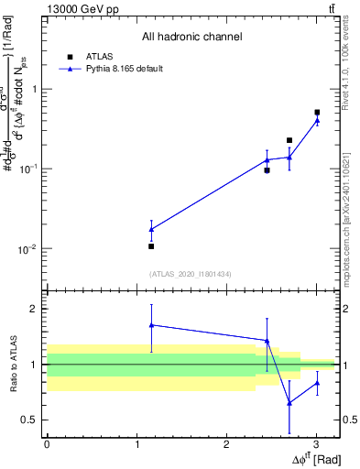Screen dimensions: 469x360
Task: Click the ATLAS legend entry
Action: [x=98, y=56]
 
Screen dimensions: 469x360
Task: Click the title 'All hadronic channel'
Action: [x=191, y=37]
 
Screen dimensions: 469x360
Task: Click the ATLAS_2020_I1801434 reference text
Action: [x=191, y=274]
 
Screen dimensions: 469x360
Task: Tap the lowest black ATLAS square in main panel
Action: [x=151, y=246]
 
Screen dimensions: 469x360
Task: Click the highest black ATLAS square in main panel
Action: [x=317, y=113]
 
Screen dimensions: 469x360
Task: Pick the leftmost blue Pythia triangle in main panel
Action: [x=151, y=229]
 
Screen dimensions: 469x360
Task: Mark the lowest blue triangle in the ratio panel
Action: [x=289, y=403]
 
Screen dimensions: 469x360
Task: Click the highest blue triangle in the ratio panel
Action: [x=151, y=324]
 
